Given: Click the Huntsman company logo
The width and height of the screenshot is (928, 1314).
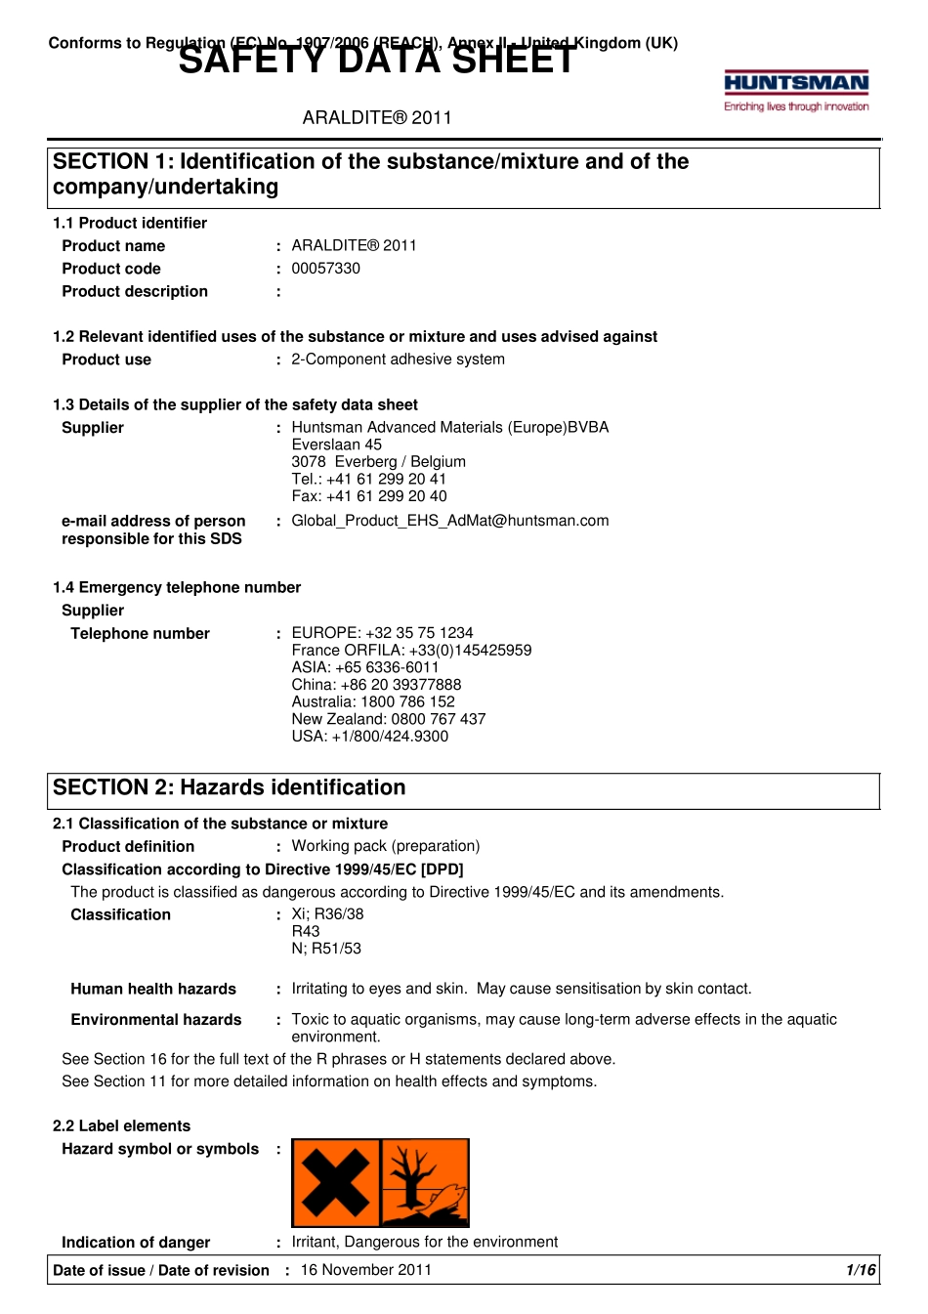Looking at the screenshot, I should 796,91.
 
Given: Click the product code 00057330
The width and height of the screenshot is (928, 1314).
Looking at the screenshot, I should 325,269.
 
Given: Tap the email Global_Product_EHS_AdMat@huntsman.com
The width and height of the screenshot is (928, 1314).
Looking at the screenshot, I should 449,521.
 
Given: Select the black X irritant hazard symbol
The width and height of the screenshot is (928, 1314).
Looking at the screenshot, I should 335,1182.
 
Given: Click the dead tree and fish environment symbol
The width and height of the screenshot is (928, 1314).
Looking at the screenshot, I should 425,1182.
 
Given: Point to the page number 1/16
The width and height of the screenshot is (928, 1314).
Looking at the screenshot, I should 861,1270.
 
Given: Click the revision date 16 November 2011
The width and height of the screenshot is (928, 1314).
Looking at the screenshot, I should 365,1270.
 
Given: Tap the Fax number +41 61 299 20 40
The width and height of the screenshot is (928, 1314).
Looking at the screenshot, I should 368,496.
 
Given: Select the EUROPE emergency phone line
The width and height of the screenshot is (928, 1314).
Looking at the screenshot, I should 382,633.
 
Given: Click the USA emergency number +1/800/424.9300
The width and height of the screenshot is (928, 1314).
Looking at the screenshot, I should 369,737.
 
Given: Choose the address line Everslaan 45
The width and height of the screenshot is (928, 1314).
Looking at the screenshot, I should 336,445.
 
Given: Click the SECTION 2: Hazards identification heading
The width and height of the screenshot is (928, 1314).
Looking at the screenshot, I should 229,787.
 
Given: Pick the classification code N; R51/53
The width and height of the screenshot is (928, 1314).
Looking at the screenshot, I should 325,949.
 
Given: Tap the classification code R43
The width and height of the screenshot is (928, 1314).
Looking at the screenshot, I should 306,932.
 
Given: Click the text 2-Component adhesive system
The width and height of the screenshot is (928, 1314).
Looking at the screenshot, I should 398,360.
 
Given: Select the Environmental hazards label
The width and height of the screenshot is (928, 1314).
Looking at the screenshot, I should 155,1020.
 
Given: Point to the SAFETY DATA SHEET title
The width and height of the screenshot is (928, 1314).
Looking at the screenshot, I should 377,61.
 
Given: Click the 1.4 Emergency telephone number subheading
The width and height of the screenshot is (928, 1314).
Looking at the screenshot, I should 177,587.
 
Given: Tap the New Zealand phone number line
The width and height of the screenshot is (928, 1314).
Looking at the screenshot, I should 388,719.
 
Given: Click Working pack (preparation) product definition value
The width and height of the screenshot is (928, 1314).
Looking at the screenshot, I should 385,846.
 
